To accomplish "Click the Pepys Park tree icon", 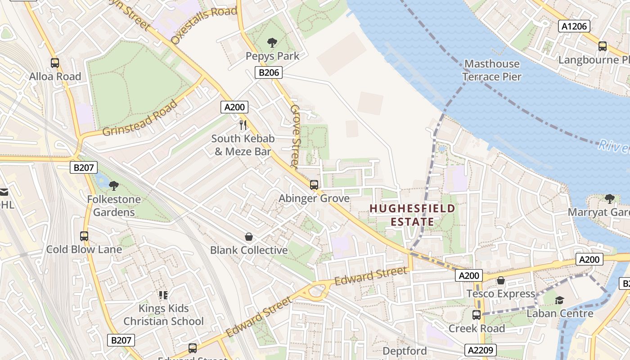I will tap(272, 43).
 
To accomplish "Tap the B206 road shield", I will tap(268, 72).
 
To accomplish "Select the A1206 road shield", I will tap(575, 26).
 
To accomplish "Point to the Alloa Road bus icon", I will tap(55, 63).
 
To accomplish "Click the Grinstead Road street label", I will tap(140, 119).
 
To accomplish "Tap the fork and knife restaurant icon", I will tap(243, 125).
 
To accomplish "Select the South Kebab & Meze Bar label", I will tap(243, 145).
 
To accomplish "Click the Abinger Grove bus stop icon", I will tap(314, 184).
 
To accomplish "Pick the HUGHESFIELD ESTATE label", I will tap(412, 215).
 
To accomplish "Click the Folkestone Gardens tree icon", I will tap(114, 185).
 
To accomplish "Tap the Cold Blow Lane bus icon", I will tap(84, 236).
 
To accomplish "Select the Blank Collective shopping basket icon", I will tap(248, 237).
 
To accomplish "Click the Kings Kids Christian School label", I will tap(164, 315).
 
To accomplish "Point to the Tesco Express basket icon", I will tap(501, 281).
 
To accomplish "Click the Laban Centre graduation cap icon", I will tap(559, 300).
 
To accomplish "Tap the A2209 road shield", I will tap(480, 350).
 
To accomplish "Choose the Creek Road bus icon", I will tap(477, 315).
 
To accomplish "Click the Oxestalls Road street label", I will tap(203, 25).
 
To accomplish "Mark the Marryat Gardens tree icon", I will tap(609, 198).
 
